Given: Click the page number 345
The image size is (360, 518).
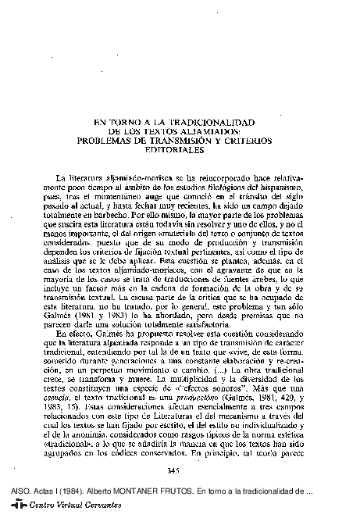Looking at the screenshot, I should pyautogui.click(x=175, y=469).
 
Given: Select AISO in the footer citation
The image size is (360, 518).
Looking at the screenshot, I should pyautogui.click(x=13, y=494).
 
